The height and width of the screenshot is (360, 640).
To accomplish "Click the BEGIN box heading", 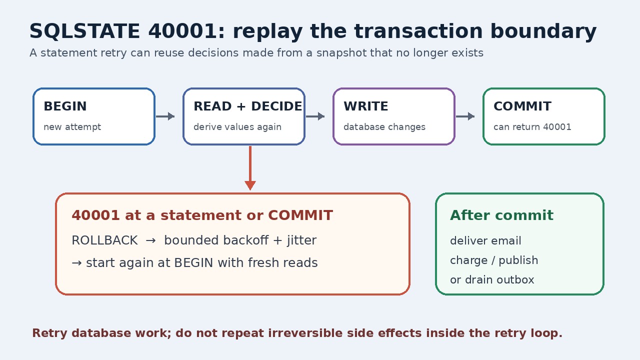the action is [x=65, y=106].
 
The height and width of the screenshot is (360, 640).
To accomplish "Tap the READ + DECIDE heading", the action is [x=247, y=106].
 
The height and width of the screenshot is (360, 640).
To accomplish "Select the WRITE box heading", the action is [x=365, y=106].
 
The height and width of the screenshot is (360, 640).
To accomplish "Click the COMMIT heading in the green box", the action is [x=522, y=106].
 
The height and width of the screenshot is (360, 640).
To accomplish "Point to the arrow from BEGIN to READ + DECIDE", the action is [x=165, y=116].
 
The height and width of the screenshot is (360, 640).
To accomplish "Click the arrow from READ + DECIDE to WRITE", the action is [x=315, y=116].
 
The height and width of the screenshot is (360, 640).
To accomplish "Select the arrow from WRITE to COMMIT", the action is [x=465, y=116].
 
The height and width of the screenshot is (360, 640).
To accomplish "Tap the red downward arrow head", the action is [x=250, y=185].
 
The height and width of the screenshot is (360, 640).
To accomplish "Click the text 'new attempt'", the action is [x=72, y=127].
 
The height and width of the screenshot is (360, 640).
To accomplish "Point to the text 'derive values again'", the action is [x=237, y=127].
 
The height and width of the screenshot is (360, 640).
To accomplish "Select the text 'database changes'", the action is [x=384, y=127].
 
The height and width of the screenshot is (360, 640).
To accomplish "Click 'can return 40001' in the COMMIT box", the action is [x=532, y=127].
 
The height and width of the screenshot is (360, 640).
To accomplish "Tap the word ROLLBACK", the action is [x=104, y=240].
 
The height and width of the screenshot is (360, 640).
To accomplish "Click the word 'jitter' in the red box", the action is [x=301, y=240].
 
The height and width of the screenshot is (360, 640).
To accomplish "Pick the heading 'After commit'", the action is [x=501, y=215].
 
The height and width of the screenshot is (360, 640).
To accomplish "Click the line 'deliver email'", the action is [x=485, y=240].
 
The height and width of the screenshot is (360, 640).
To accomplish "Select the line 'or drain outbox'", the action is [x=492, y=279].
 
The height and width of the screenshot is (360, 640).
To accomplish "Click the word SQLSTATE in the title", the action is [x=84, y=31].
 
